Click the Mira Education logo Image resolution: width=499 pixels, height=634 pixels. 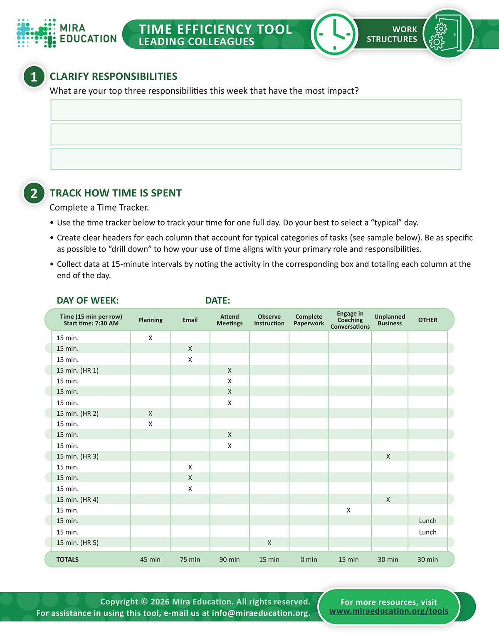coord(67,33)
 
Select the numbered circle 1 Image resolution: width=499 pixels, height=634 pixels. coord(34,77)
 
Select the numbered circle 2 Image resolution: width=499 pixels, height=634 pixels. coord(34,193)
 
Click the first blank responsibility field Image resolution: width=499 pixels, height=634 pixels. coord(256,110)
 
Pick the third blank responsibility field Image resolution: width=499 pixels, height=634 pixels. coord(256,159)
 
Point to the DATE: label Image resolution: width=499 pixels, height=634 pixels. coord(217,301)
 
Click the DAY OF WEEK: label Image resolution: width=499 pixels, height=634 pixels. coord(88,301)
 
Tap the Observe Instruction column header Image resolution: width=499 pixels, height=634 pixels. coord(269,320)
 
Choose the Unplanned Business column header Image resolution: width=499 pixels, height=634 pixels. coord(390,320)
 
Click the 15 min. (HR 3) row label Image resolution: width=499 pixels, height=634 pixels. coord(78,456)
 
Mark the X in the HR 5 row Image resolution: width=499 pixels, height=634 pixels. coord(269,543)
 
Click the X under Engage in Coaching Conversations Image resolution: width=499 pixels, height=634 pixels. coord(348,510)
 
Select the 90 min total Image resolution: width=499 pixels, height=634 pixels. coord(230,560)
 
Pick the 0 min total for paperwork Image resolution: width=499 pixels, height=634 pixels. coord(309,560)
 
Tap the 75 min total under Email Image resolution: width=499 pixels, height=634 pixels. coord(190,560)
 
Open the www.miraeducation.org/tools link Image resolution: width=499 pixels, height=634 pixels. coord(389,611)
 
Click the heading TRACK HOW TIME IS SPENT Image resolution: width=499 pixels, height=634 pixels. coord(116,193)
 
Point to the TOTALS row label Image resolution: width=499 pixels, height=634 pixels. coord(67,560)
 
